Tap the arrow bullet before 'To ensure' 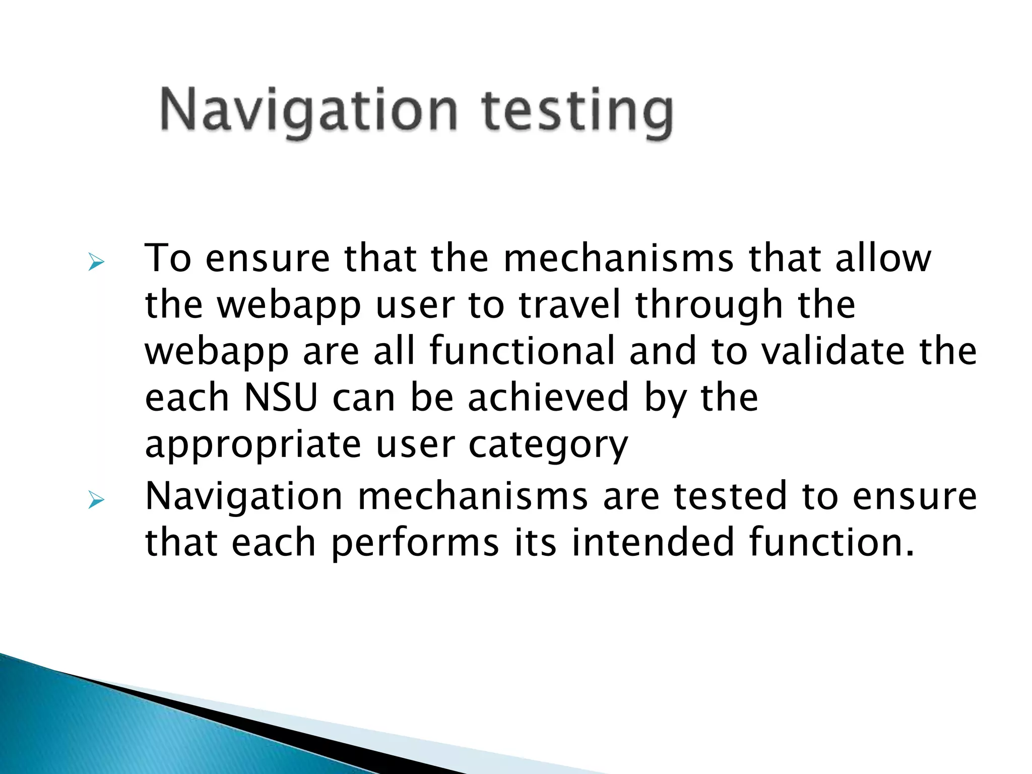pyautogui.click(x=96, y=262)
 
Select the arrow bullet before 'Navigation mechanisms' pyautogui.click(x=96, y=500)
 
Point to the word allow pyautogui.click(x=883, y=258)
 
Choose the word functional pyautogui.click(x=522, y=351)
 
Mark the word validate pyautogui.click(x=833, y=351)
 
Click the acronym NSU pyautogui.click(x=281, y=398)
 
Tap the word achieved pyautogui.click(x=548, y=398)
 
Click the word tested pyautogui.click(x=730, y=496)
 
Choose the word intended pyautogui.click(x=653, y=542)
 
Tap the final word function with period pyautogui.click(x=831, y=542)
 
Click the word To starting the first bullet pyautogui.click(x=168, y=258)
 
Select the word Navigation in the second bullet pyautogui.click(x=244, y=497)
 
